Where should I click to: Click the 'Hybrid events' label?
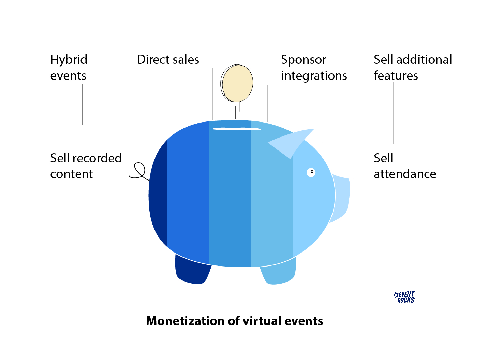[x=69, y=68]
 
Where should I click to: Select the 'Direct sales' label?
[x=168, y=60]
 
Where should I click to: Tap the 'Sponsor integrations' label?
[x=314, y=68]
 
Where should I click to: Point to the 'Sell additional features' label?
[x=413, y=68]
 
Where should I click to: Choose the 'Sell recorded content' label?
[x=86, y=166]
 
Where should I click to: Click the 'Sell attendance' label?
[x=405, y=166]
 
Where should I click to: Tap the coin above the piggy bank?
[x=237, y=83]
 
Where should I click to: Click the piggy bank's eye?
[x=311, y=172]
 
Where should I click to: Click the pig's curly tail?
[x=139, y=171]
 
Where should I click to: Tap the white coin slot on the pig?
[x=237, y=129]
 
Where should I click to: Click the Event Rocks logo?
[x=405, y=297]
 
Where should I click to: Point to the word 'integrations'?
[x=314, y=76]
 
